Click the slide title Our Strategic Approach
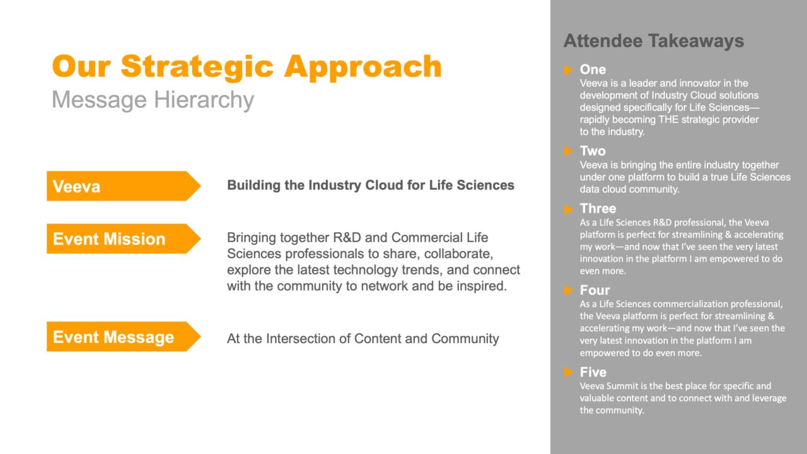coord(247,67)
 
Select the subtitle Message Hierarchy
coord(153,100)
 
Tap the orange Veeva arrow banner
coord(124,186)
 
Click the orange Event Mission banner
coord(124,238)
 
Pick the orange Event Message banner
coord(124,337)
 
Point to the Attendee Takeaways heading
coord(654,40)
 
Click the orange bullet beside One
coord(568,69)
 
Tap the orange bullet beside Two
coord(568,151)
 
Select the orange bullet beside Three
coord(568,209)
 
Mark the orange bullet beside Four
coord(568,291)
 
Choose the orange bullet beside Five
coord(568,372)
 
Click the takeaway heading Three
coord(598,209)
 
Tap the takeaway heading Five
coord(593,372)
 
